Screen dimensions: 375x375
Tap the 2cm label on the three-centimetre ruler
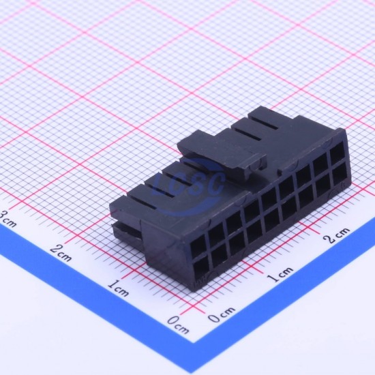pyautogui.click(x=61, y=253)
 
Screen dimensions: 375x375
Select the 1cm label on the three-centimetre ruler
pyautogui.click(x=118, y=288)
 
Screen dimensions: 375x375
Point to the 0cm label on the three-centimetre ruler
pyautogui.click(x=178, y=325)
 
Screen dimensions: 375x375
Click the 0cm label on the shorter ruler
pyautogui.click(x=221, y=314)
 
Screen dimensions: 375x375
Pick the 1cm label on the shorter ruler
pyautogui.click(x=280, y=274)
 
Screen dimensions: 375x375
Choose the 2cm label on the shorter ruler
pyautogui.click(x=336, y=235)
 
